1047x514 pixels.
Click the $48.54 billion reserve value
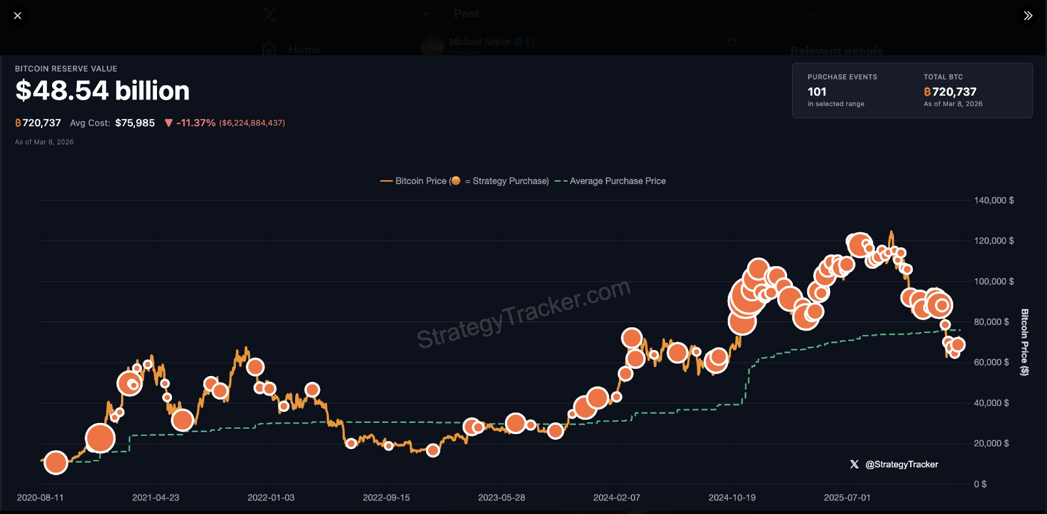(x=102, y=90)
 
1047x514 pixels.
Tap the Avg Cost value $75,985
(x=135, y=123)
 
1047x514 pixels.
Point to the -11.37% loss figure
(x=195, y=123)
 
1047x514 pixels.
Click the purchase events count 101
(x=817, y=92)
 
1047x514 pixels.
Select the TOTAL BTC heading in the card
(x=943, y=77)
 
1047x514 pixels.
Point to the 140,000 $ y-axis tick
(x=994, y=200)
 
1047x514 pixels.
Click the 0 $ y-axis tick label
(x=980, y=484)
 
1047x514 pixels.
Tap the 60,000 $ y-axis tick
(x=991, y=362)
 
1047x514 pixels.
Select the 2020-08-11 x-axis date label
(x=40, y=498)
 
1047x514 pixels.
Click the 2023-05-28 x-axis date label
(x=502, y=498)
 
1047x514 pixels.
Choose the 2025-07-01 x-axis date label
(x=847, y=498)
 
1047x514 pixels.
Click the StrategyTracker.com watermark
(x=523, y=313)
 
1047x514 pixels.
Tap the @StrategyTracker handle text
(x=902, y=465)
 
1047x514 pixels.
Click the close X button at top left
(x=18, y=16)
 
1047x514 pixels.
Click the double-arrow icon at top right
(x=1028, y=16)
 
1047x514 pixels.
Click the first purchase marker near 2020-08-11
(x=56, y=462)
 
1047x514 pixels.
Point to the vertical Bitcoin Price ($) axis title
(x=1024, y=342)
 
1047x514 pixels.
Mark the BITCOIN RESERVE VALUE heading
(x=66, y=69)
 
